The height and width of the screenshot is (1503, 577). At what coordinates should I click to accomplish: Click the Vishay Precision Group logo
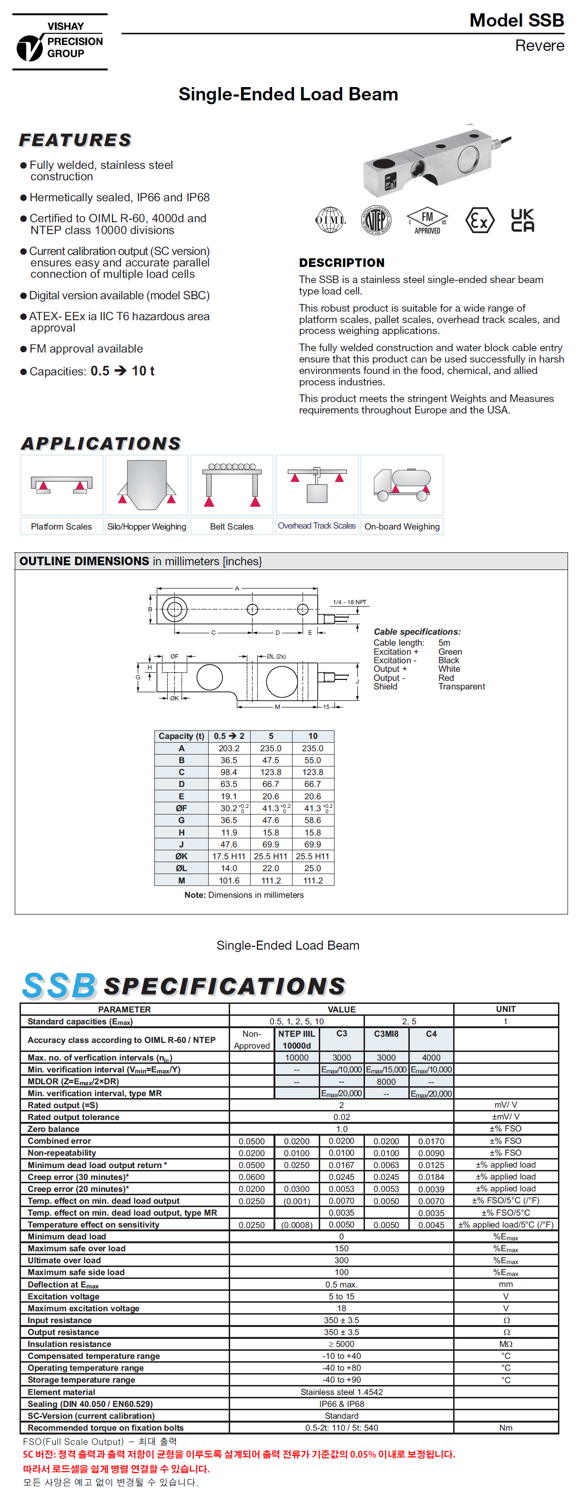pos(60,42)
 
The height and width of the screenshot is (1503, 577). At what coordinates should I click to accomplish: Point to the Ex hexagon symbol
pos(479,221)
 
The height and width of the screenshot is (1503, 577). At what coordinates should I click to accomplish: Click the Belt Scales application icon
pos(232,485)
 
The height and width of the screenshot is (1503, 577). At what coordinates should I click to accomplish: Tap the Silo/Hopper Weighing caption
pos(147,526)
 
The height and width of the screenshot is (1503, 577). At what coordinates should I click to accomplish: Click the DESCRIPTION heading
pos(342,263)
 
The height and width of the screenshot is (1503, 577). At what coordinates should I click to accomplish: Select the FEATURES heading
pos(75,140)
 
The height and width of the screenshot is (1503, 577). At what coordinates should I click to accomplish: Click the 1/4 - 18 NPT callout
pos(349,602)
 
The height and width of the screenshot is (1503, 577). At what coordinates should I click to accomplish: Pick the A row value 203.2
pos(229,748)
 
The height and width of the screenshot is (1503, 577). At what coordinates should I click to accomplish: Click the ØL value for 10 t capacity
pos(313,868)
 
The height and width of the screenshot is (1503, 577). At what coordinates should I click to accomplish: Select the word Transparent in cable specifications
pos(461,686)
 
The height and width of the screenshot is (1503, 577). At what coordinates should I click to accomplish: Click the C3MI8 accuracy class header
pos(386,1033)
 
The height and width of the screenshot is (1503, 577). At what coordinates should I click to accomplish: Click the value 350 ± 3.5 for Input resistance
pos(342,1320)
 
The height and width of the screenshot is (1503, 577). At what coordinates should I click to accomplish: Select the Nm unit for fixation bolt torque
pos(506,1427)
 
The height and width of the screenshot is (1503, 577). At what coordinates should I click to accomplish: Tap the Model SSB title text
pos(516,20)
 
